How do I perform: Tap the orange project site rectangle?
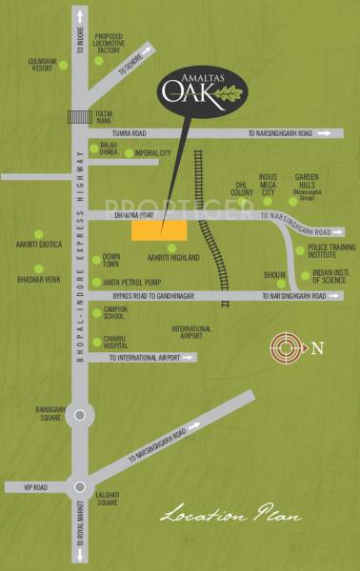(x=159, y=229)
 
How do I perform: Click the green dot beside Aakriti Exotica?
(x=39, y=234)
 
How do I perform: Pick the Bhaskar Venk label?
(x=37, y=280)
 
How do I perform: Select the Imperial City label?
(x=152, y=152)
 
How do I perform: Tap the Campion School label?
(x=115, y=312)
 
